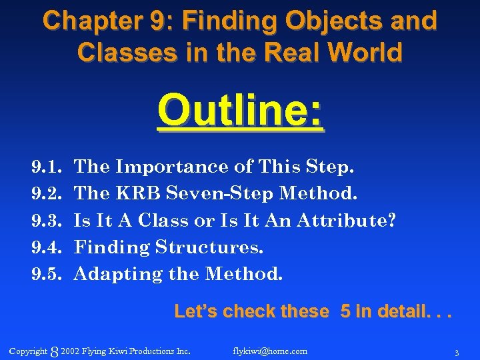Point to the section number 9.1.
[x=46, y=167]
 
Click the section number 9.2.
[x=46, y=193]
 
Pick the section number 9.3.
[x=46, y=220]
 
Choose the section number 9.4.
[x=46, y=247]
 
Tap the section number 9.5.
[x=46, y=274]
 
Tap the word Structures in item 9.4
[x=209, y=247]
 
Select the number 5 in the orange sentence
[x=346, y=311]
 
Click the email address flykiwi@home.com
[x=270, y=351]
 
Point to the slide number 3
[x=456, y=352]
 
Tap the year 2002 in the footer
[x=70, y=351]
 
